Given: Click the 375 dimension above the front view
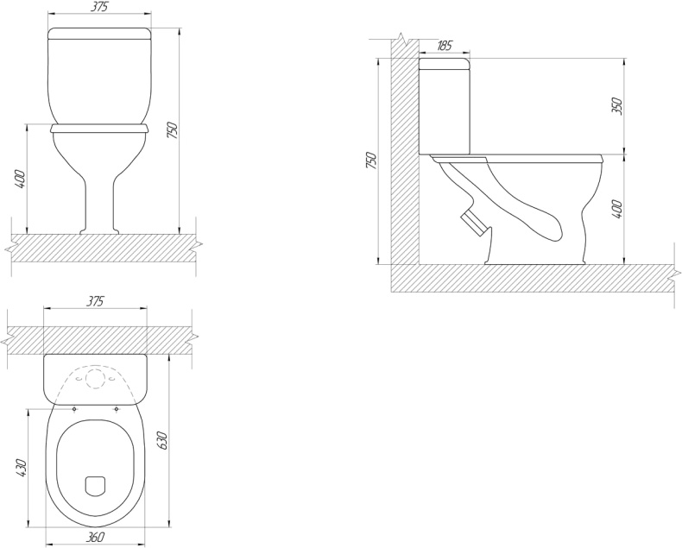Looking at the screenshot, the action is tap(99, 7).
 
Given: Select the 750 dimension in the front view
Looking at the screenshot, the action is tap(174, 131).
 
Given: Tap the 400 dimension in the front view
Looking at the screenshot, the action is tap(21, 180).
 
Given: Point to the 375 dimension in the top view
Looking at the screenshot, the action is tap(95, 301).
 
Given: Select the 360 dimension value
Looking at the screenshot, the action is tap(95, 537).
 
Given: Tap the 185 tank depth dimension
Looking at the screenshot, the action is tap(444, 45).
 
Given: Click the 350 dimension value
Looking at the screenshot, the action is tap(617, 106).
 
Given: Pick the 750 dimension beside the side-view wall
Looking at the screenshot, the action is tap(370, 161).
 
